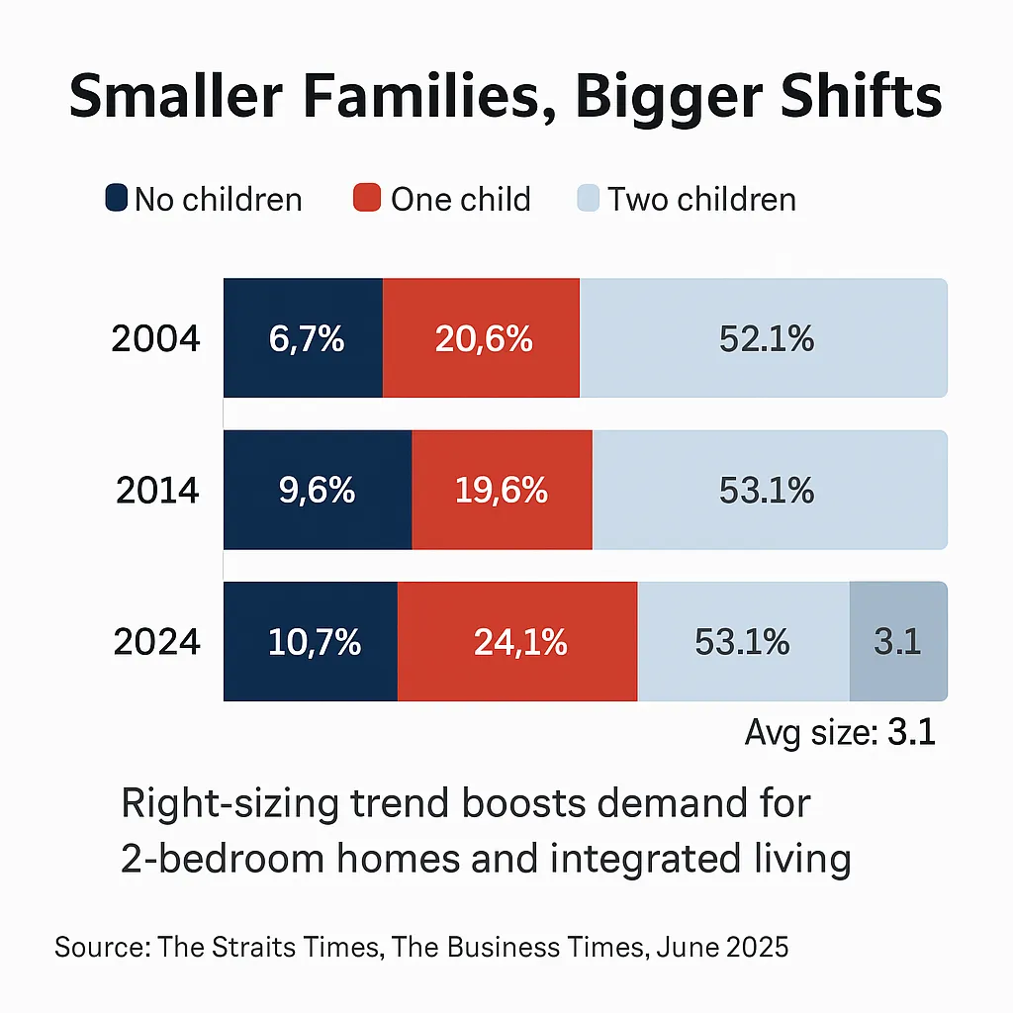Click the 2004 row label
coord(156,339)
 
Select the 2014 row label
coord(156,491)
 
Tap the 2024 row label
coord(156,642)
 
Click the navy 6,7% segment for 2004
coord(304,339)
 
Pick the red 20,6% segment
coord(482,339)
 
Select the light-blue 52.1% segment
coord(764,339)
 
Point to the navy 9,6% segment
coord(318,491)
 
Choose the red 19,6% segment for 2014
coord(502,491)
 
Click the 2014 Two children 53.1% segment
coord(770,491)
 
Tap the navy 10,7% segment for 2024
coord(311,642)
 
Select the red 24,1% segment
coord(517,642)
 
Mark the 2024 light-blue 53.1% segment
coord(743,642)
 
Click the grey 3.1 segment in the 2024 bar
coord(898,642)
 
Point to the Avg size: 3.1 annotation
coord(839,734)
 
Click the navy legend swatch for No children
coord(116,199)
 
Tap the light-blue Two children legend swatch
coord(588,199)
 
